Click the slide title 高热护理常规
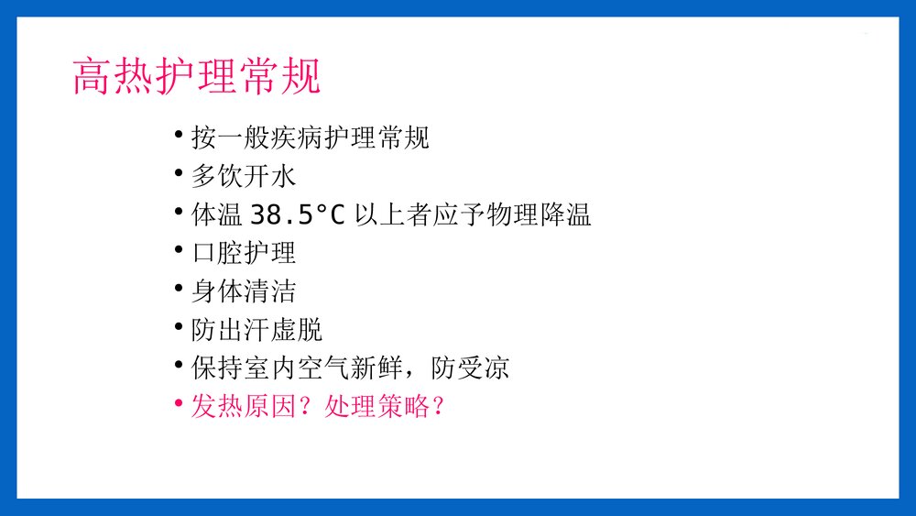click(197, 77)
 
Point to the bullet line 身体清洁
click(244, 291)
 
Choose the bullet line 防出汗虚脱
click(256, 330)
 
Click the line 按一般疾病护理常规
click(310, 138)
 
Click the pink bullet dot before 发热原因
click(179, 403)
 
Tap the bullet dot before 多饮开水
click(179, 173)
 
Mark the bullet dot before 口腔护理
click(179, 249)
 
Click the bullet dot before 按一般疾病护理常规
click(179, 135)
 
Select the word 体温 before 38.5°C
click(217, 215)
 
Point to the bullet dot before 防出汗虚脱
click(179, 326)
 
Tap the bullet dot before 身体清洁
click(179, 288)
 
